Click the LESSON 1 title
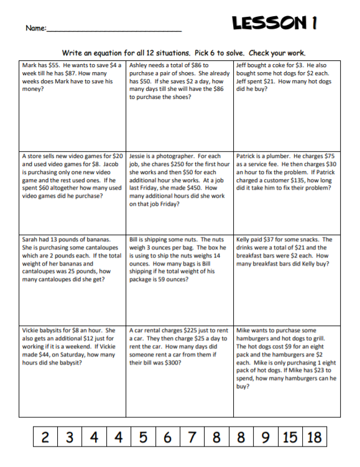click(275, 23)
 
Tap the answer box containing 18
click(315, 437)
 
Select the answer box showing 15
click(290, 437)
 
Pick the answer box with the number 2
click(45, 437)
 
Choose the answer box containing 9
click(265, 437)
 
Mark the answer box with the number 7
click(192, 437)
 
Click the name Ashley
click(141, 65)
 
